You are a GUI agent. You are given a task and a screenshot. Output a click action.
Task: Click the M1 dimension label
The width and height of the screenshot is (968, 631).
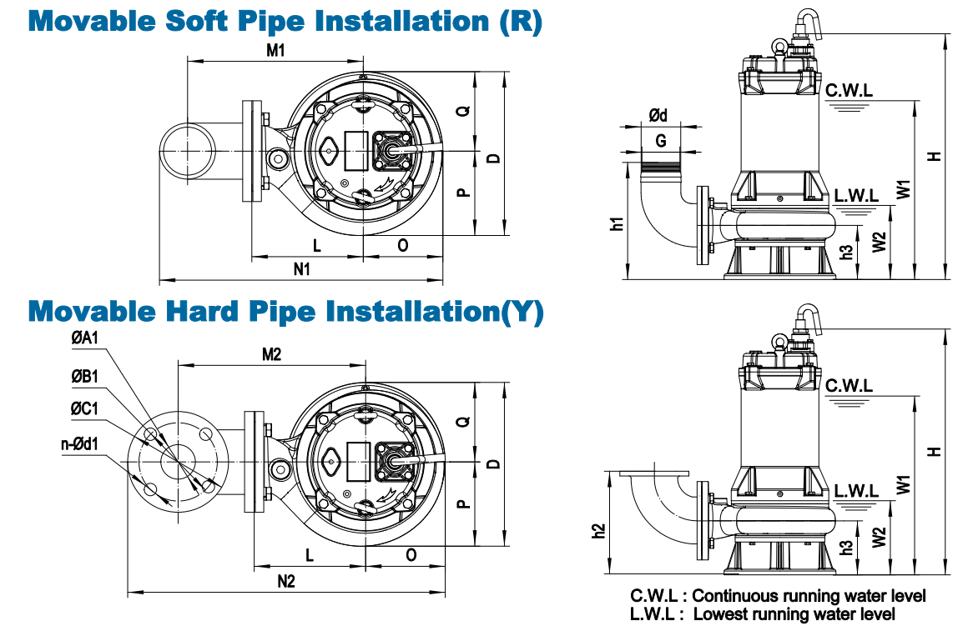tap(275, 50)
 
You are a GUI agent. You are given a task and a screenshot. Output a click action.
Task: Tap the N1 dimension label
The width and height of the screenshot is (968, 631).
tap(301, 269)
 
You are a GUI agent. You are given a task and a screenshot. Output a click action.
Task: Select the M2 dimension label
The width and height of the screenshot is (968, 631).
tap(272, 354)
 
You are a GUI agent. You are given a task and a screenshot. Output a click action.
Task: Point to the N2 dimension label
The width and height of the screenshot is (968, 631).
tap(286, 581)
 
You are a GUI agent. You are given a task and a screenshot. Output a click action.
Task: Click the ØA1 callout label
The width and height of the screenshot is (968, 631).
tap(84, 338)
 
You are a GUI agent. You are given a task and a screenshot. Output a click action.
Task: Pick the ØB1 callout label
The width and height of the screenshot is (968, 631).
tap(84, 376)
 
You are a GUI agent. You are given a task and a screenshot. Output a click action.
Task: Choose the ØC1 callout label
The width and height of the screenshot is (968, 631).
tap(84, 408)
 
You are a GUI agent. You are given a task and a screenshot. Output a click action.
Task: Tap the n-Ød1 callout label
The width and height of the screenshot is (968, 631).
tap(79, 444)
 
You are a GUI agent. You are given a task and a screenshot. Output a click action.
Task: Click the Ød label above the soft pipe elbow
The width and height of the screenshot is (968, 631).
tap(658, 115)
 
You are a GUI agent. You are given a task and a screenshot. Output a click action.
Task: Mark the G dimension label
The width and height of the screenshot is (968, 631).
tap(661, 141)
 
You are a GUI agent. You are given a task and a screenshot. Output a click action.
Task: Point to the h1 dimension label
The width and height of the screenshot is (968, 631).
tap(617, 224)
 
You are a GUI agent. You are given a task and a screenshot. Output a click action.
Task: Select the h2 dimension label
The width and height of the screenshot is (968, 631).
tap(599, 530)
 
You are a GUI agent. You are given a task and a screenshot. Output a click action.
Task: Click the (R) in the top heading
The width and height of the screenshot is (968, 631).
tap(521, 22)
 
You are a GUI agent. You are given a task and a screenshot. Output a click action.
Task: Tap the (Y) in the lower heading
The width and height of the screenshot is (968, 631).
tap(522, 312)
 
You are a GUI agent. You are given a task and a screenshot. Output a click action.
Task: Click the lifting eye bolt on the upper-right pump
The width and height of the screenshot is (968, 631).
tap(779, 46)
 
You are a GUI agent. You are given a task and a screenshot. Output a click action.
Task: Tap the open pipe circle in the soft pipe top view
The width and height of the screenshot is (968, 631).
tap(189, 151)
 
